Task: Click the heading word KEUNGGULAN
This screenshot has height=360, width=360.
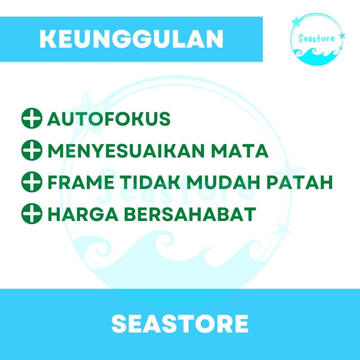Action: [x=131, y=40]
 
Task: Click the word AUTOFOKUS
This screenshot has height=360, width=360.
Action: [x=108, y=119]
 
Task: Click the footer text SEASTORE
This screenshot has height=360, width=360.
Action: [x=180, y=324]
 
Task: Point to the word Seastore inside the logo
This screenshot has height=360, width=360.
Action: [x=316, y=38]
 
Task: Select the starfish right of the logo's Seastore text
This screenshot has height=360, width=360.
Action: [x=342, y=35]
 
